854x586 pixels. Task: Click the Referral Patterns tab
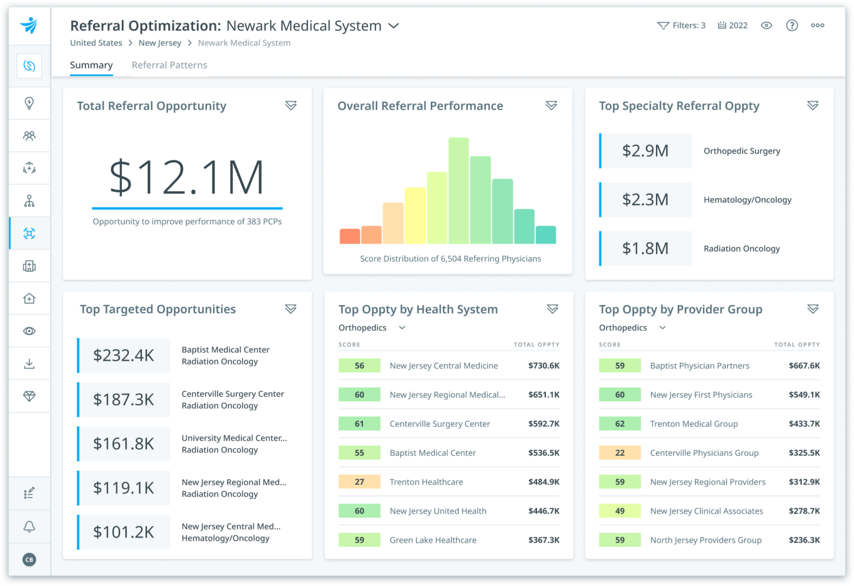[x=169, y=65]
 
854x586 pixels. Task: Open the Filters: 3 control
[x=681, y=26]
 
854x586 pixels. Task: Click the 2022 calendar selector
[x=732, y=26]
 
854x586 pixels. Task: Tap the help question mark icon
[x=792, y=26]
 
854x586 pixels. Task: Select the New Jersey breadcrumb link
[x=160, y=43]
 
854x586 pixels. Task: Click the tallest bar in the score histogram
[x=458, y=191]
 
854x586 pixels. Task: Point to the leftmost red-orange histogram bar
[x=350, y=236]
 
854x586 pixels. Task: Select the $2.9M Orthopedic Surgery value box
[x=646, y=151]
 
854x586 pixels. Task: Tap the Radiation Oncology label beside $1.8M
[x=741, y=249]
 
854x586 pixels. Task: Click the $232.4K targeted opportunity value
[x=123, y=355]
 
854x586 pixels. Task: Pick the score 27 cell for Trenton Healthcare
[x=359, y=482]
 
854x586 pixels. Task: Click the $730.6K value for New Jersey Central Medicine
[x=543, y=366]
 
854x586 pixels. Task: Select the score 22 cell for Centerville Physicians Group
[x=619, y=453]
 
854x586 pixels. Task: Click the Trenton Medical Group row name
[x=693, y=424]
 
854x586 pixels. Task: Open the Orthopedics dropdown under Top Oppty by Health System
[x=371, y=328]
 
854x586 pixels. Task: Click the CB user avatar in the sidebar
[x=29, y=559]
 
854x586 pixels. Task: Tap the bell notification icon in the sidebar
[x=29, y=527]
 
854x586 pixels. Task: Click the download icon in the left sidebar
[x=29, y=364]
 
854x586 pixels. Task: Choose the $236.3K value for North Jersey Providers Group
[x=804, y=540]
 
